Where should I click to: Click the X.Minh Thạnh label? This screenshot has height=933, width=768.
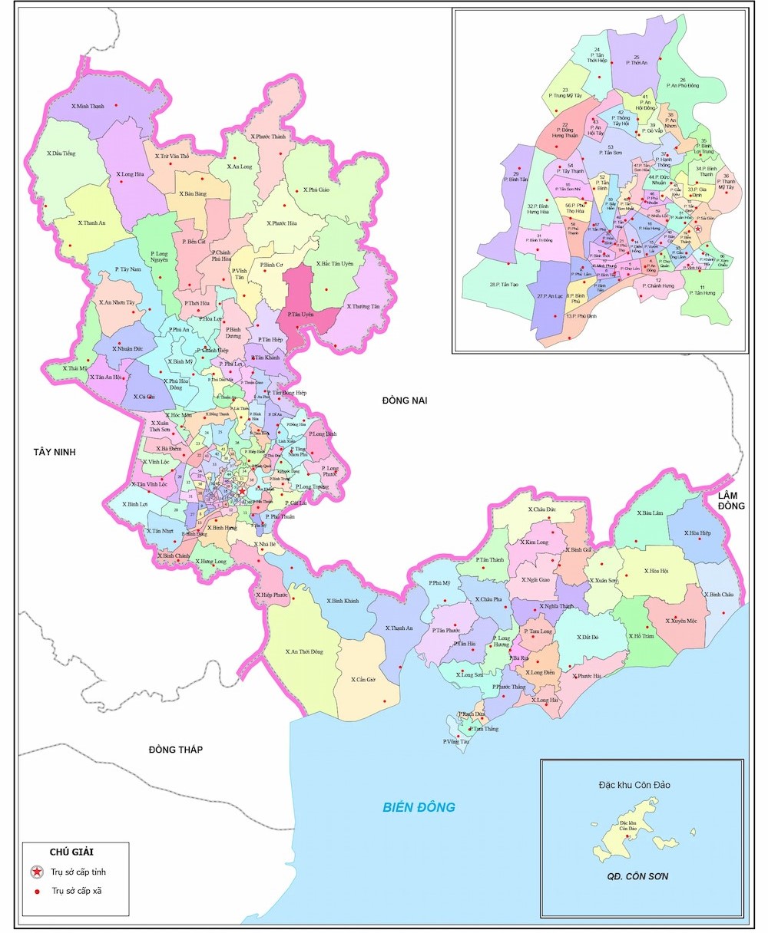[x=87, y=106]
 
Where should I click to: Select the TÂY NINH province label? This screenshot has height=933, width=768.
[x=55, y=452]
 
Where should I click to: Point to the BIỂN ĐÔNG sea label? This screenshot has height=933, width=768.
[x=419, y=806]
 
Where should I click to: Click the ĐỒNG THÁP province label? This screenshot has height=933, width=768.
[x=176, y=749]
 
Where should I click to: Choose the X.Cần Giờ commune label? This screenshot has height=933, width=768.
[x=363, y=680]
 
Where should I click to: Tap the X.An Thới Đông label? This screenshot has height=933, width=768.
[x=304, y=651]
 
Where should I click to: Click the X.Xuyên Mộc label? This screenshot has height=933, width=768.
[x=680, y=620]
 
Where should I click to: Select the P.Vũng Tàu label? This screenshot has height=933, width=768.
[x=455, y=742]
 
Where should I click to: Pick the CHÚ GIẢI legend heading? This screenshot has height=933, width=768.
[x=76, y=852]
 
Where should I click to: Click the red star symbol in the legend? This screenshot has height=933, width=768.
[x=37, y=872]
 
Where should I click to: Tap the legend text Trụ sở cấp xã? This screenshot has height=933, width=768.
[x=77, y=891]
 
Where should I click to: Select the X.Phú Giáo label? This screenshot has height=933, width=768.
[x=316, y=190]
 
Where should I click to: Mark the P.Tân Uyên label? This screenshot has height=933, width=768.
[x=302, y=315]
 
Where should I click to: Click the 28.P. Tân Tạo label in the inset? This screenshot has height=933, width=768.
[x=504, y=285]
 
